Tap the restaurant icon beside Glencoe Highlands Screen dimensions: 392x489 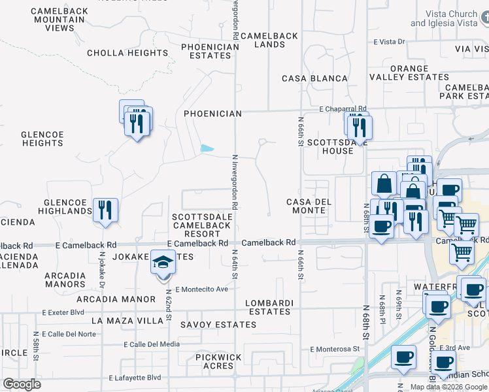105,210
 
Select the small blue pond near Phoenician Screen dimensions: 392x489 208,148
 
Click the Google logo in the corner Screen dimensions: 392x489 22,384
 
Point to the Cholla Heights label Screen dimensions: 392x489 127,53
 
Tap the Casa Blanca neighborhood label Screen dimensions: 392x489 314,78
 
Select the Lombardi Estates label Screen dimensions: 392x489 269,307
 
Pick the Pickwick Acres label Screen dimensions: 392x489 218,362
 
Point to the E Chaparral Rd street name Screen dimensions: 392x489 343,109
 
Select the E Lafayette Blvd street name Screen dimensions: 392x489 135,378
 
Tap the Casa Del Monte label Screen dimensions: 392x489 309,206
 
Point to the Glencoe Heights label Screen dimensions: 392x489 42,139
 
